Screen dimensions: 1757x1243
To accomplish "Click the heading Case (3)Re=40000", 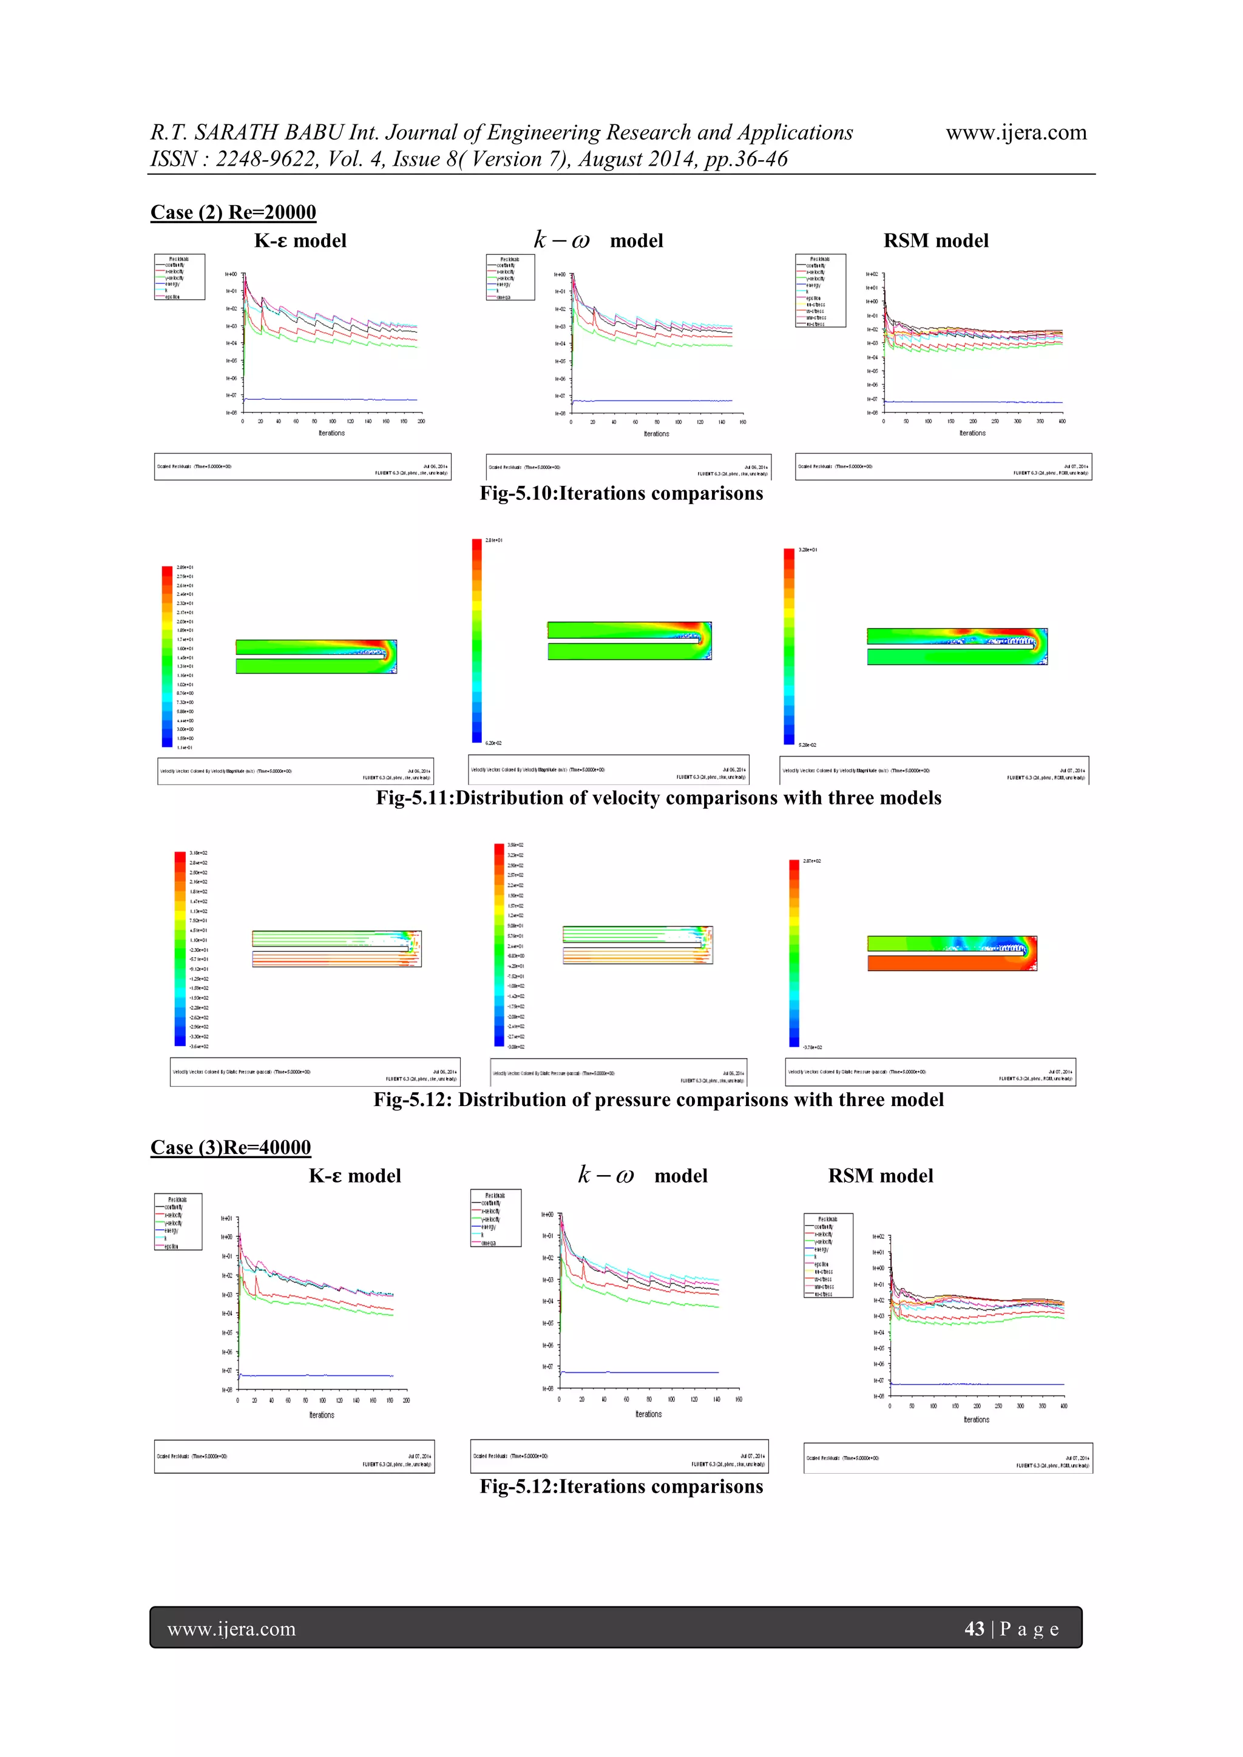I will click(231, 1147).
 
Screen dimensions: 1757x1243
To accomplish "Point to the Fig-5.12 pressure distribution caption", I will click(659, 1100).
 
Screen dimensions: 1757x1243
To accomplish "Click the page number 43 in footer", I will click(974, 1628).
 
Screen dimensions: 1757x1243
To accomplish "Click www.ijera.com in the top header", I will click(1015, 132).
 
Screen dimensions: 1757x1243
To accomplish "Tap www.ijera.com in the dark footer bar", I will click(231, 1628).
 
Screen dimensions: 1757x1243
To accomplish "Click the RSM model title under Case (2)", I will click(935, 241).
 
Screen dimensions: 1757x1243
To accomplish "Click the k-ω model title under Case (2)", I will click(598, 241).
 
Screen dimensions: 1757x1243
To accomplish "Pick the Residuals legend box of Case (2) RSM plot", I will click(821, 291).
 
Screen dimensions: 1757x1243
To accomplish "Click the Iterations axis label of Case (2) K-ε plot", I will click(331, 433).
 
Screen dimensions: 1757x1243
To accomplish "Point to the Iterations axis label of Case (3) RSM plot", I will click(976, 1420).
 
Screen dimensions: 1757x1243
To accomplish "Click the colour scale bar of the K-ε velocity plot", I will click(167, 656).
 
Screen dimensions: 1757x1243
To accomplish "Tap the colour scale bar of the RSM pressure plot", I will click(794, 953).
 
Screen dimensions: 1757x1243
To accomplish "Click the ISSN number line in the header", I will click(469, 159).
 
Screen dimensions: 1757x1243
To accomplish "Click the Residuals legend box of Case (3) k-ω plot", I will click(495, 1218).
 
